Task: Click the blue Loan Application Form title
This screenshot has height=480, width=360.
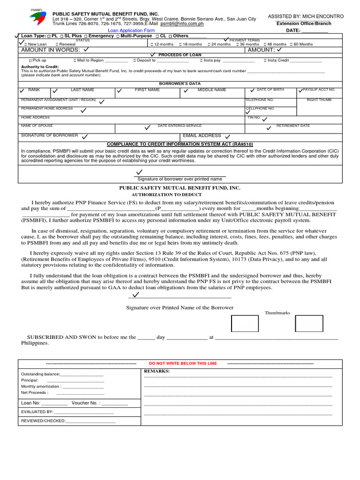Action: (x=131, y=30)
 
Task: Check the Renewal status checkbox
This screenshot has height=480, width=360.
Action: (x=58, y=45)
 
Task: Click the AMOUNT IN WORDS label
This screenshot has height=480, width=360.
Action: (x=50, y=50)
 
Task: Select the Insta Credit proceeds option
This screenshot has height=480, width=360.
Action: (x=265, y=60)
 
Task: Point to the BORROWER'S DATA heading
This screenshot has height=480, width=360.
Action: (x=180, y=83)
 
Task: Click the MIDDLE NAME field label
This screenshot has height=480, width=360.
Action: (x=212, y=90)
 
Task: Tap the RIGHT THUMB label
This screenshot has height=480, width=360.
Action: (x=319, y=100)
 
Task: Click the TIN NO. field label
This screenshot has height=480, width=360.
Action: (x=254, y=118)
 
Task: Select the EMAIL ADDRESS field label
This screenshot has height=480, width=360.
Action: (x=202, y=135)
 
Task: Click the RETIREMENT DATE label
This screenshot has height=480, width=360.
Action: (x=293, y=126)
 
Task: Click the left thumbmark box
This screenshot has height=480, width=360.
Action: (x=245, y=323)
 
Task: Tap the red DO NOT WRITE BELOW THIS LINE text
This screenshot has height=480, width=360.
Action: (x=183, y=363)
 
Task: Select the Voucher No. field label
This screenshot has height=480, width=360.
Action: (x=86, y=403)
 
